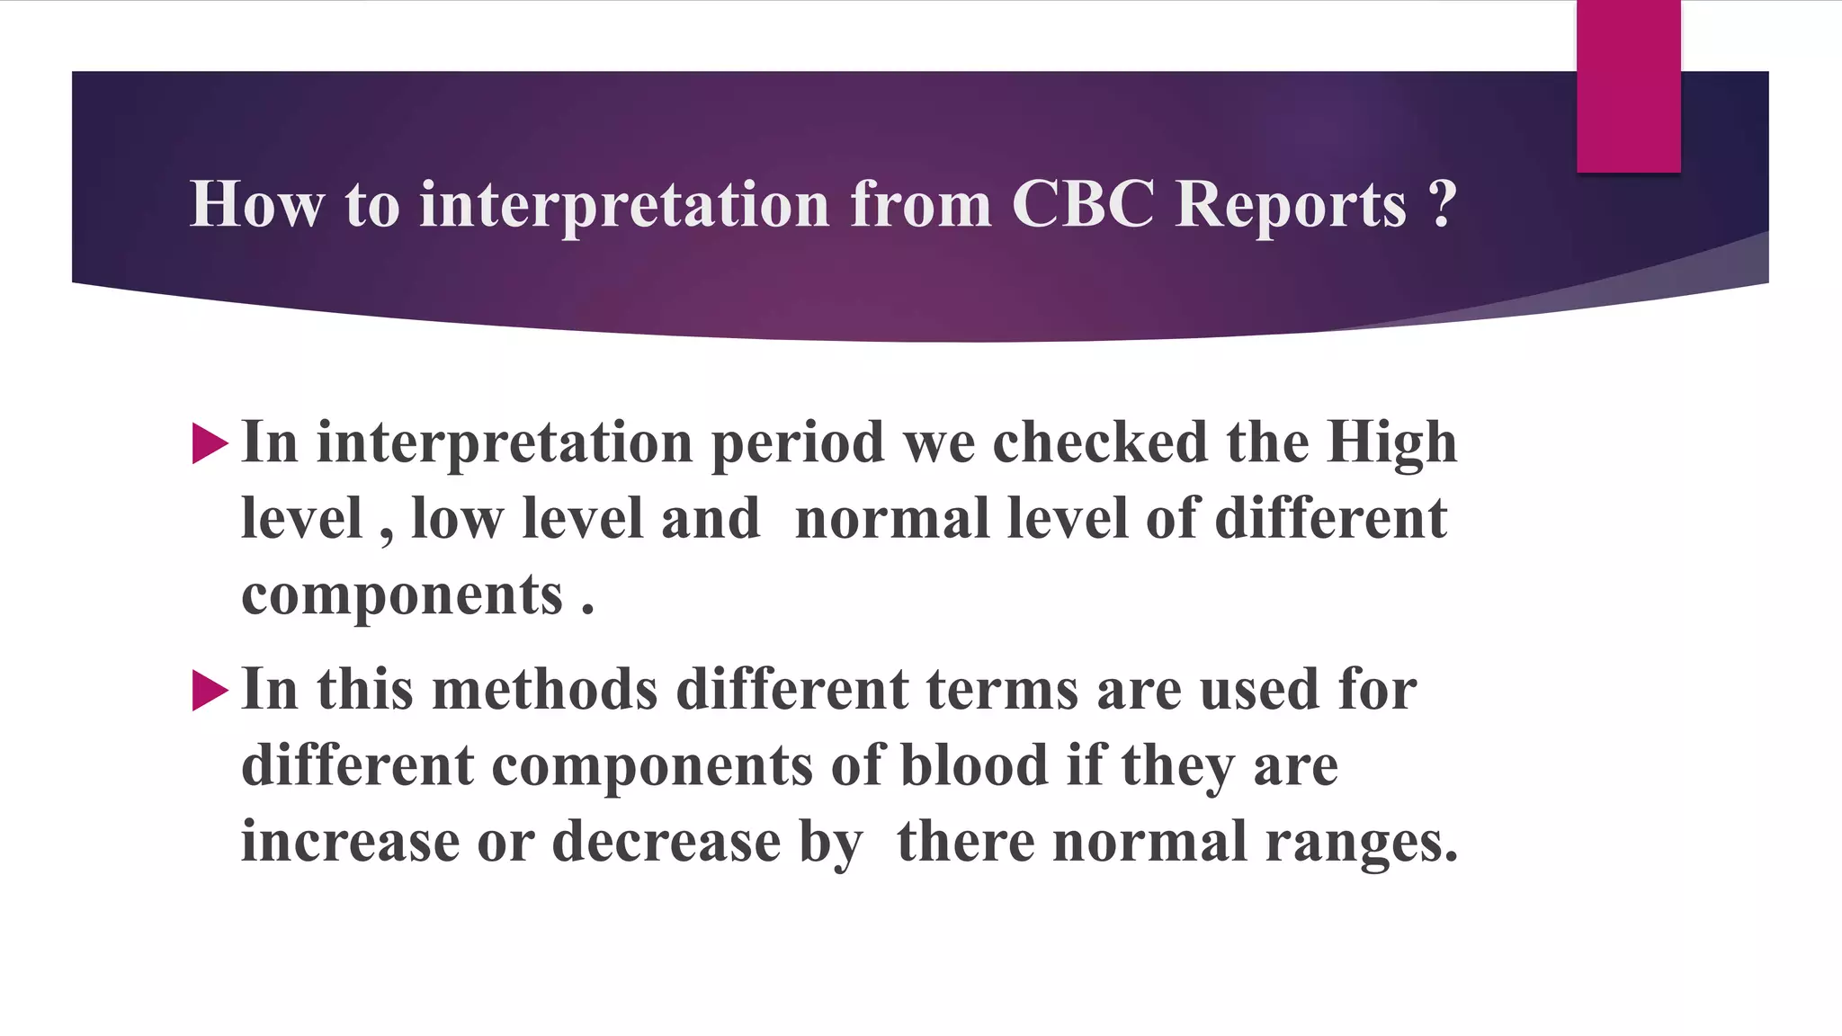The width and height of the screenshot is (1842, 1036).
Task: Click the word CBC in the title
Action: click(1082, 204)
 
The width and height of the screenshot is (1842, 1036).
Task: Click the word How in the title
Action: click(256, 204)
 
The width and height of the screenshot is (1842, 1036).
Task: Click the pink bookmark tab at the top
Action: click(1628, 86)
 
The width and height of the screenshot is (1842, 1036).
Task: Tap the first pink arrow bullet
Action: click(210, 444)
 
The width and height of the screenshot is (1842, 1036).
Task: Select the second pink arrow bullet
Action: click(210, 691)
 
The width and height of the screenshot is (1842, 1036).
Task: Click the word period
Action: click(798, 444)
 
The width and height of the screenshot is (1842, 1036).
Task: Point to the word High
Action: click(1391, 444)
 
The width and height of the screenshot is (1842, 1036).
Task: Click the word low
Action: click(457, 519)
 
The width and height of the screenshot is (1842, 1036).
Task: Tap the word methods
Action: click(545, 690)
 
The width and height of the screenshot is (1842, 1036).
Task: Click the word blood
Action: click(974, 766)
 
